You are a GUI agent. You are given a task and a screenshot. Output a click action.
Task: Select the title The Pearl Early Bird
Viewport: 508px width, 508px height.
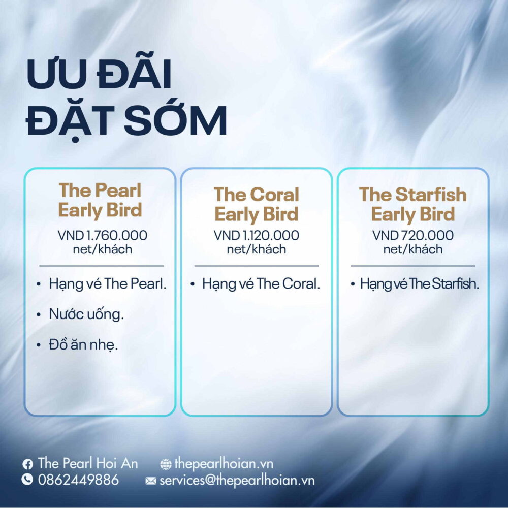100,200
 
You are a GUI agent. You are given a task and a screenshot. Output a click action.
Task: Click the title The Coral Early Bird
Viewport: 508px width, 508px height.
256,204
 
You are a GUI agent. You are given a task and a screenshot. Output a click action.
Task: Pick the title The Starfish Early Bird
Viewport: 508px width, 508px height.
412,204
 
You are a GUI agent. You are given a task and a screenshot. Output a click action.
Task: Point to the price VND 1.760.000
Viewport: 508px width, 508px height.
103,235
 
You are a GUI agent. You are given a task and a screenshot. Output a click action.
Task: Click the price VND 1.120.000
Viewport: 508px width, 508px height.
256,235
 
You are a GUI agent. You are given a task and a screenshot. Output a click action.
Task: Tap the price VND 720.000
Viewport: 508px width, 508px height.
412,235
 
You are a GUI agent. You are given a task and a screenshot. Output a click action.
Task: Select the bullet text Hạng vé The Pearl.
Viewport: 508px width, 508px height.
108,284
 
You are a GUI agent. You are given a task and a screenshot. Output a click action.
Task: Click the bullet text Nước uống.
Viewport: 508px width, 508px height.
86,314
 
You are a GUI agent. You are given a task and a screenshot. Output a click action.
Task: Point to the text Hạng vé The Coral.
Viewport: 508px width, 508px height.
261,284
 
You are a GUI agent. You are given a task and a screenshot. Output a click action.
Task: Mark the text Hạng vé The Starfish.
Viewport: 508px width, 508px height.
420,284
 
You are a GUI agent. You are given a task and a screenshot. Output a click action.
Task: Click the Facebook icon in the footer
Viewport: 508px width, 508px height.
27,464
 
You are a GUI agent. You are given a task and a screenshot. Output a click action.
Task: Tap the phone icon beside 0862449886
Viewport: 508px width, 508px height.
27,479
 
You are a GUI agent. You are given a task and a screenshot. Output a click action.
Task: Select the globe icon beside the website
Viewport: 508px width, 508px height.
166,464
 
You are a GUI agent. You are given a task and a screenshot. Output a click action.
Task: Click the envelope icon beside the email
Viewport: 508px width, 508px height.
151,481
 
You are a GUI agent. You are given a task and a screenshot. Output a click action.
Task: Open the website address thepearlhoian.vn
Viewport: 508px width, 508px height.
224,464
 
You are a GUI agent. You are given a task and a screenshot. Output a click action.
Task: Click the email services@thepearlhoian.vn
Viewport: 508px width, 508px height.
237,480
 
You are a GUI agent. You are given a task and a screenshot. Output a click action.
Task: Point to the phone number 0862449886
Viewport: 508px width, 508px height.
78,480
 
